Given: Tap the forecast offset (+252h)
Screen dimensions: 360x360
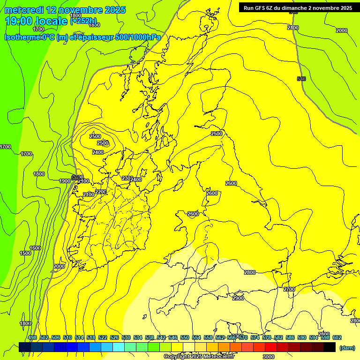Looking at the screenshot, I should coord(84,21).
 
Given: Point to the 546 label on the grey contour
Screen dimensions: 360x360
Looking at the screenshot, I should coord(301,79).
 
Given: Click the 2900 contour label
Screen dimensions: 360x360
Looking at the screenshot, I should coord(238,298).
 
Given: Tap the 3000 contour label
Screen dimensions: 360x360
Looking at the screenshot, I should coord(268,357).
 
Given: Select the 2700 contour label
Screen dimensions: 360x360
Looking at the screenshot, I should coord(289,289).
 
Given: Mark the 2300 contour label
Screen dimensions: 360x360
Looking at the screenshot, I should coord(126,178).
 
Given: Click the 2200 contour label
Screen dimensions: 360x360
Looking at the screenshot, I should coord(100,192).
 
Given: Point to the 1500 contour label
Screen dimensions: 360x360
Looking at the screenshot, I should coord(25,253).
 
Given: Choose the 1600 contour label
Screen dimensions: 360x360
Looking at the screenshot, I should coord(35,248).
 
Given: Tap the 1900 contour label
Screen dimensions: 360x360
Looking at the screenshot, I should coord(65,181).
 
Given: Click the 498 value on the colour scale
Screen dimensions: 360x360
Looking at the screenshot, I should coord(32,337).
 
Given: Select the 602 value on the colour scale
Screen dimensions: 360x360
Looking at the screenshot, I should coord(337,337).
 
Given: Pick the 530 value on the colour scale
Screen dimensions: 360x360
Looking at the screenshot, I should coord(126,337).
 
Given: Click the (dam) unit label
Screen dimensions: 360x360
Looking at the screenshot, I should coord(347,347).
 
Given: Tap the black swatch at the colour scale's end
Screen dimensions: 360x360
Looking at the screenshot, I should coord(330,347).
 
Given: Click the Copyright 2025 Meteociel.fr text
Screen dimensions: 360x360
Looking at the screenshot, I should coord(202,357).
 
